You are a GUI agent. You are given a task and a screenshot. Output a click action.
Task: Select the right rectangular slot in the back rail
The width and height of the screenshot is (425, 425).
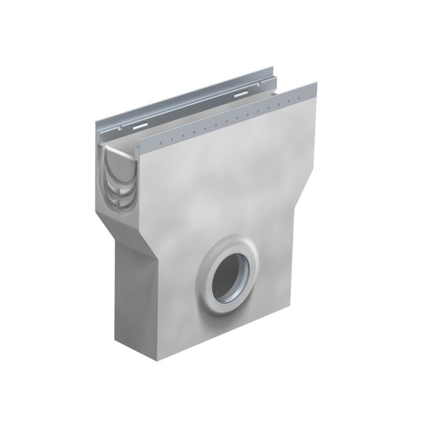click(x=239, y=95)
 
